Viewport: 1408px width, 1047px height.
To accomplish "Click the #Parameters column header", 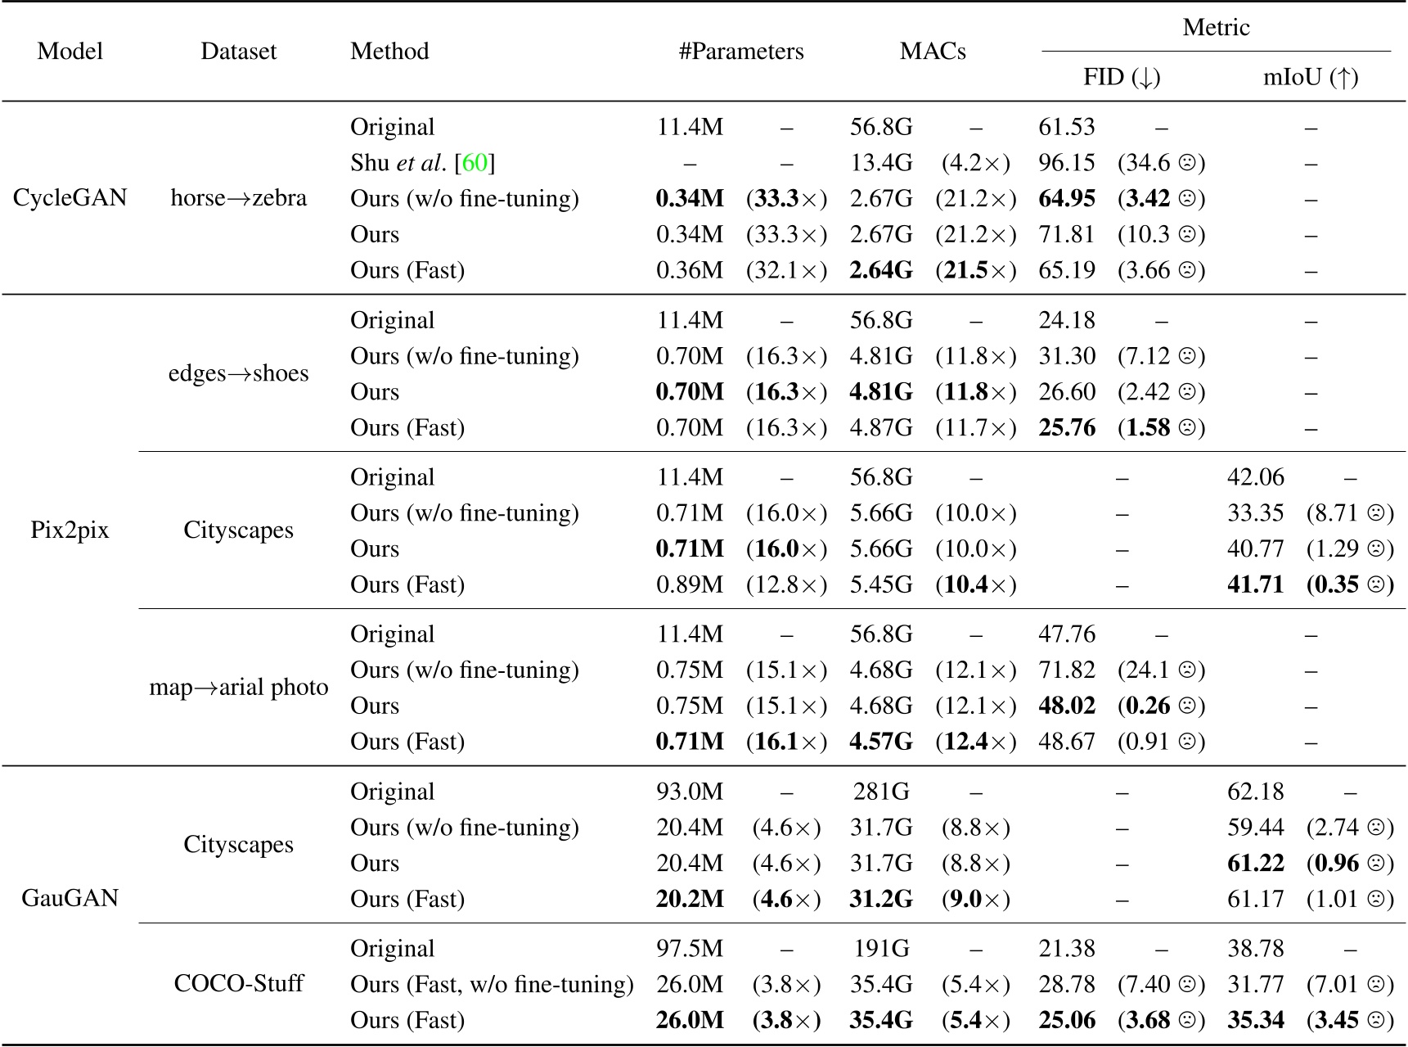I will point(741,52).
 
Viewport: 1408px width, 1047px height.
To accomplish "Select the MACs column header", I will point(933,52).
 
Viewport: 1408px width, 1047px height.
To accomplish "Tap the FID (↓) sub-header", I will point(1122,78).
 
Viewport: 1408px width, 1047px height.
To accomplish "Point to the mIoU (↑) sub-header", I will point(1311,78).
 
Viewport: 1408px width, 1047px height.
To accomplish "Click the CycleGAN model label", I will point(70,198).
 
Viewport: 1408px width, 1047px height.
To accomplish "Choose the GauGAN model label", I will point(70,898).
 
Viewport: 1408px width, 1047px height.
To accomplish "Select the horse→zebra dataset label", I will point(239,198).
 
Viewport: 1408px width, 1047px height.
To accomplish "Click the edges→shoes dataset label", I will point(239,373).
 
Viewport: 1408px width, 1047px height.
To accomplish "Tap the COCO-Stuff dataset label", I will point(239,983).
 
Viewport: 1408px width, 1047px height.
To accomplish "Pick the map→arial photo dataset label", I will point(239,688).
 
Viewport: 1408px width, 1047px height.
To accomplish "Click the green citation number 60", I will point(475,163).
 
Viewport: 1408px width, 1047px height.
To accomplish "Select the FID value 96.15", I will point(1067,163).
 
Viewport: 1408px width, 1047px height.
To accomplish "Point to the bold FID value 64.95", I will point(1067,199).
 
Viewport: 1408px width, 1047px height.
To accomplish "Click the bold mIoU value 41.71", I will point(1256,585).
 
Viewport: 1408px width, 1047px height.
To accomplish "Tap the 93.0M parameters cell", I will point(690,792).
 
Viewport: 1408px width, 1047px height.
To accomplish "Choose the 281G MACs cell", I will point(880,792).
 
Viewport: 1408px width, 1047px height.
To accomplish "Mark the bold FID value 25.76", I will point(1067,428).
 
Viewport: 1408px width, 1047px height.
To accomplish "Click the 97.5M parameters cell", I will point(690,949).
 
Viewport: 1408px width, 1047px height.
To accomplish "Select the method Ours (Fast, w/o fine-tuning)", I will point(492,985).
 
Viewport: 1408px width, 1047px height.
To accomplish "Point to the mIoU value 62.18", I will point(1256,792).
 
